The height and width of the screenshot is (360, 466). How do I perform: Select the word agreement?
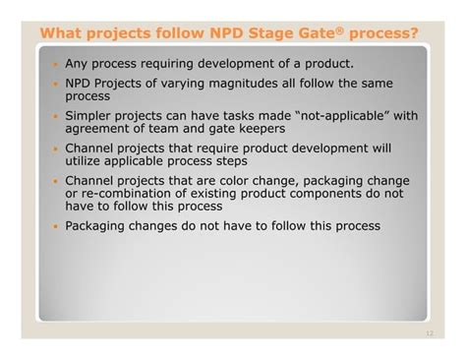pos(100,132)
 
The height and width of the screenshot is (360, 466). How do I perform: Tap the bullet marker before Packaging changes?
pos(56,226)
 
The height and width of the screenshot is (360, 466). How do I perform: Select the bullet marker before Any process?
pos(56,64)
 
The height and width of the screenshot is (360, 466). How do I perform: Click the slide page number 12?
pos(429,333)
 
